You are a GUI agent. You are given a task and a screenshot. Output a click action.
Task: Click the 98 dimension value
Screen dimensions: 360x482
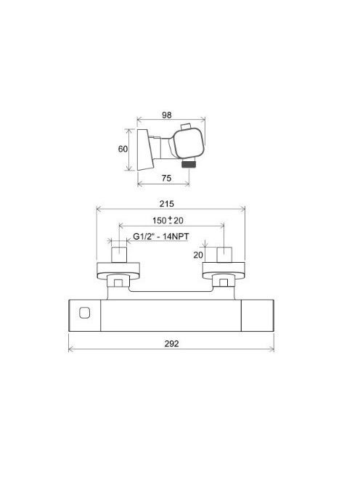(167, 115)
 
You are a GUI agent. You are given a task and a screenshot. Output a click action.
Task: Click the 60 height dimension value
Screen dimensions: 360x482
(123, 149)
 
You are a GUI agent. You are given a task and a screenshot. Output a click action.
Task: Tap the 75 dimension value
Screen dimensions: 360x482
(166, 178)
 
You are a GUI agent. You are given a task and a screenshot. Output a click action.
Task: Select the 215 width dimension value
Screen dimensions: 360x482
(167, 204)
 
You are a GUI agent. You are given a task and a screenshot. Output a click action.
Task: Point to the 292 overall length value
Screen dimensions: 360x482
(171, 343)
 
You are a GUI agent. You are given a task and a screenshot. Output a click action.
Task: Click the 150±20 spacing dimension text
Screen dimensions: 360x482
(168, 220)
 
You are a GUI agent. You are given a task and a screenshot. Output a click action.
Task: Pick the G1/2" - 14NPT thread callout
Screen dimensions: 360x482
(161, 237)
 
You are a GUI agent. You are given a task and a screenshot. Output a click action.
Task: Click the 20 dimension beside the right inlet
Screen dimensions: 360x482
(198, 255)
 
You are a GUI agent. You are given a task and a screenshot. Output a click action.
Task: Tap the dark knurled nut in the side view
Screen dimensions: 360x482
(189, 164)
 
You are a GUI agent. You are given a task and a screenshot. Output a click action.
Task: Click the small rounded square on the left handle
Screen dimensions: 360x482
(84, 314)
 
